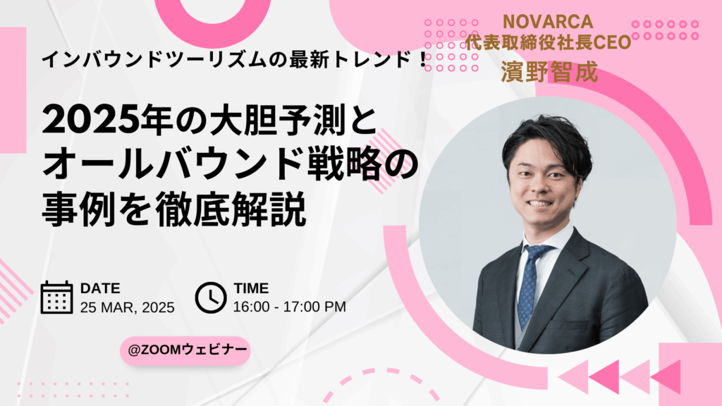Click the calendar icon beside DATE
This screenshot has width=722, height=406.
click(x=56, y=297)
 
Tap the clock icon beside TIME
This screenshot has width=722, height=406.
click(x=210, y=298)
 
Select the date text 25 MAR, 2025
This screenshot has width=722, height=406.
click(x=127, y=307)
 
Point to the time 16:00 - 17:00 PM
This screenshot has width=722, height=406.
click(x=289, y=307)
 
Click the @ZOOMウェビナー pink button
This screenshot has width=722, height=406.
click(x=185, y=350)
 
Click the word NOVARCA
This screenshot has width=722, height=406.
click(x=548, y=22)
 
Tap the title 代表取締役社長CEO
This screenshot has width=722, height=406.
click(x=548, y=42)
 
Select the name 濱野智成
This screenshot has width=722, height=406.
click(x=549, y=72)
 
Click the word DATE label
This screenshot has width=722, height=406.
click(x=100, y=288)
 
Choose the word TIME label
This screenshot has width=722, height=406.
click(x=251, y=288)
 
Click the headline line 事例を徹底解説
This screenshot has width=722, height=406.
click(x=174, y=210)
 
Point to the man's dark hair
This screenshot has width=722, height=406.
click(x=547, y=140)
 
